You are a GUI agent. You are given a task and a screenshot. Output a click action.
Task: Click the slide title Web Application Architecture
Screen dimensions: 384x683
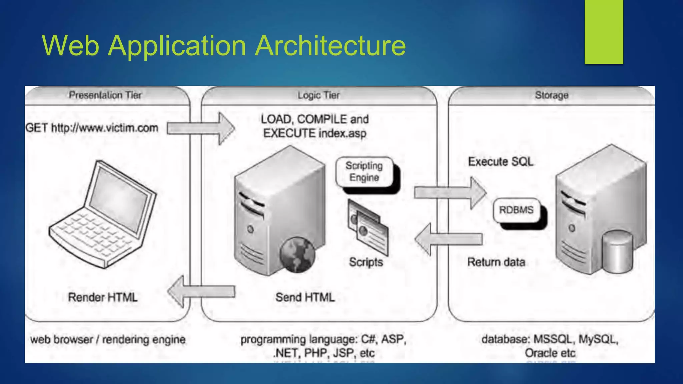(x=223, y=45)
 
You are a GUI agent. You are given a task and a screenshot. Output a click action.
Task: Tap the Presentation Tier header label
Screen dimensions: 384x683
(x=105, y=95)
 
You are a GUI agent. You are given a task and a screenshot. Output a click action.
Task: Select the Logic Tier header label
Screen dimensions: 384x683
(x=318, y=95)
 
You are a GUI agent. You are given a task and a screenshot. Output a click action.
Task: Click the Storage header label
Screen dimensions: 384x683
(x=552, y=95)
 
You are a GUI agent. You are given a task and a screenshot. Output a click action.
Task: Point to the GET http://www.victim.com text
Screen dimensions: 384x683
(x=92, y=128)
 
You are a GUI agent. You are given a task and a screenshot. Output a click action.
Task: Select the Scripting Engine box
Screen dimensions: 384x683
(x=364, y=172)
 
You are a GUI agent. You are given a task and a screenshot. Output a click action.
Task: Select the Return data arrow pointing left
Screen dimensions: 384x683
(x=449, y=239)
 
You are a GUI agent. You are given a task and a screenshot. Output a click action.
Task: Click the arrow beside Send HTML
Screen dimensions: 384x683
(x=201, y=292)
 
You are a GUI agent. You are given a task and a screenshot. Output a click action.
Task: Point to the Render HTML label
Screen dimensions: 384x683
(x=103, y=297)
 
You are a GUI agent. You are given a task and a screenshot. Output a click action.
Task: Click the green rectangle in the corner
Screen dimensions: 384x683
(x=604, y=32)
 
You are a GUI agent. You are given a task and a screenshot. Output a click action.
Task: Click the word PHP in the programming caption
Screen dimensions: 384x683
(x=315, y=353)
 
